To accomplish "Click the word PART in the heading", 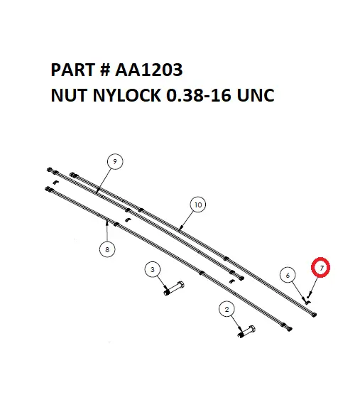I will click(x=72, y=71).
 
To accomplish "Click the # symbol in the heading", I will click(x=106, y=71).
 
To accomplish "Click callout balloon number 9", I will click(x=114, y=162).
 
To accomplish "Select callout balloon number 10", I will click(x=198, y=205).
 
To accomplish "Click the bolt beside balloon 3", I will click(x=174, y=289).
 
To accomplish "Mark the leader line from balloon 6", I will click(x=297, y=288).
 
